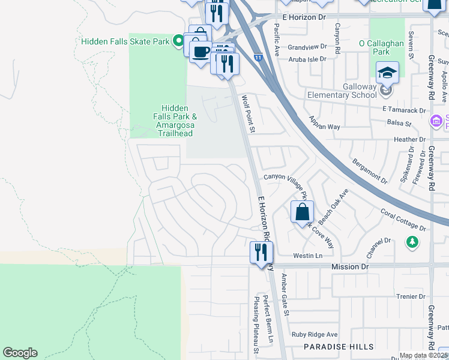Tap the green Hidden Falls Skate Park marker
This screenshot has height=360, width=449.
tap(178, 41)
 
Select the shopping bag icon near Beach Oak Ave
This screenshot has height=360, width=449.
tap(302, 212)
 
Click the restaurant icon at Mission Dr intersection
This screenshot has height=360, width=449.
tap(261, 252)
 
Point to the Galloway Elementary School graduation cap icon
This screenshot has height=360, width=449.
tap(387, 73)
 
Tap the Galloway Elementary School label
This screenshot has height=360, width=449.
tap(342, 91)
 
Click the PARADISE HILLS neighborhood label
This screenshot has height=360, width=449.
tap(338, 347)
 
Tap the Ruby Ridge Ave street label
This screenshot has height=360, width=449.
tap(315, 335)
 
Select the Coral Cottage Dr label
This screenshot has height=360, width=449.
tap(403, 220)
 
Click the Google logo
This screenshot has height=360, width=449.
tap(20, 353)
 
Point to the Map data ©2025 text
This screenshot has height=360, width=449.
tap(423, 355)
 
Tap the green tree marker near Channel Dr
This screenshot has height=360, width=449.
tap(412, 242)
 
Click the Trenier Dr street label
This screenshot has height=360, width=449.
tap(411, 296)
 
